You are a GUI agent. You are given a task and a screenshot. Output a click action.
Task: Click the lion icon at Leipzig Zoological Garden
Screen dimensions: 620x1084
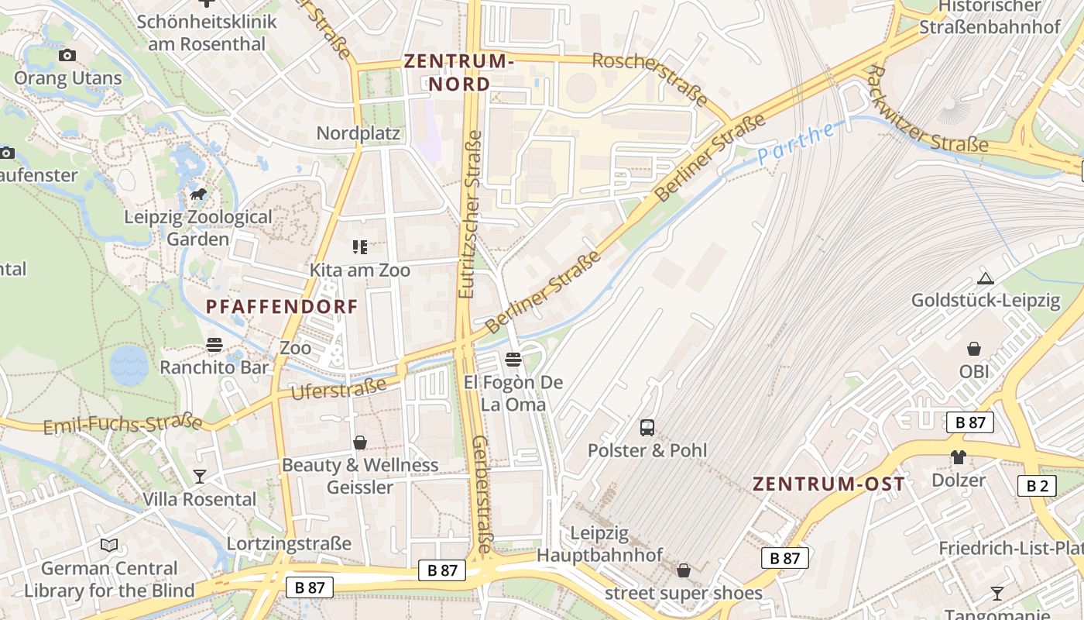pyautogui.click(x=198, y=194)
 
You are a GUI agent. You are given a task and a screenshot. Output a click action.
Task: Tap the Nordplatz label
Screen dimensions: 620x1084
pyautogui.click(x=358, y=133)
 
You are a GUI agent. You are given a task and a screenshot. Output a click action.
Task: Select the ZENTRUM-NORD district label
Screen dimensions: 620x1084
pyautogui.click(x=458, y=72)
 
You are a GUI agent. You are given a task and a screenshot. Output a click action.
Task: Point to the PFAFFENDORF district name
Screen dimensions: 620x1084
pyautogui.click(x=282, y=307)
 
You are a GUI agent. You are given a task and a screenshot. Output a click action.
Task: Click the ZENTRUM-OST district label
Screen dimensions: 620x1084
pyautogui.click(x=828, y=484)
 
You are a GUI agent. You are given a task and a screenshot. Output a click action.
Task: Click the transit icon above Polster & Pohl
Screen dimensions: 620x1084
pyautogui.click(x=647, y=427)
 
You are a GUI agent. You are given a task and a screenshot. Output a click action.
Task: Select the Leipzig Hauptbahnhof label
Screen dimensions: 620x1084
pyautogui.click(x=600, y=544)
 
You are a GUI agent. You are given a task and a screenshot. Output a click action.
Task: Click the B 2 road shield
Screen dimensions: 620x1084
pyautogui.click(x=1037, y=486)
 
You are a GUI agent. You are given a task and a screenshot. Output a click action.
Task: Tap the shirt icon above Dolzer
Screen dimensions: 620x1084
pyautogui.click(x=959, y=457)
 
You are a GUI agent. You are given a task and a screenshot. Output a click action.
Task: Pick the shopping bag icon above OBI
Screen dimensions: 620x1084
pyautogui.click(x=974, y=349)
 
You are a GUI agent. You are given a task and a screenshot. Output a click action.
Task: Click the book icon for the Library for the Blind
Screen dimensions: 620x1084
pyautogui.click(x=109, y=546)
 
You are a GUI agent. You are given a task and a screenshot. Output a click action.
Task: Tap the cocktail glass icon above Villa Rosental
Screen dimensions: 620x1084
pyautogui.click(x=200, y=476)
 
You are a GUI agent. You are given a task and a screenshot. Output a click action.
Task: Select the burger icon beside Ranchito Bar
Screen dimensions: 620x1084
pyautogui.click(x=214, y=345)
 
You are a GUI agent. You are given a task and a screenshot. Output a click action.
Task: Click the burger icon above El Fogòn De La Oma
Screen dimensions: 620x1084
pyautogui.click(x=513, y=359)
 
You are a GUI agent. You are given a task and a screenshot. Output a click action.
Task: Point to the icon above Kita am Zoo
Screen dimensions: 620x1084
pyautogui.click(x=359, y=247)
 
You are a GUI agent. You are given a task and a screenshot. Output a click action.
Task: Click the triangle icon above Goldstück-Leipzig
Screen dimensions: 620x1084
pyautogui.click(x=986, y=278)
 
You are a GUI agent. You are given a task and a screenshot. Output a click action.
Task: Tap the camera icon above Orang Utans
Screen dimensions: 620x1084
pyautogui.click(x=67, y=55)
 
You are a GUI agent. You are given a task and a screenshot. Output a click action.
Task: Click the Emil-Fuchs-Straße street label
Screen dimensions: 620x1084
pyautogui.click(x=122, y=425)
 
